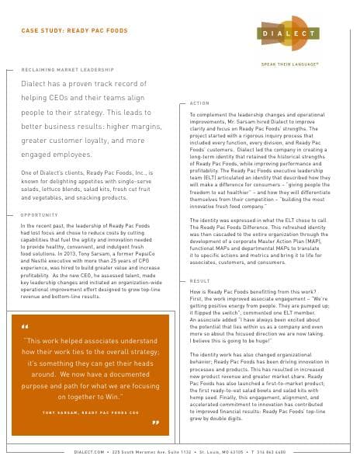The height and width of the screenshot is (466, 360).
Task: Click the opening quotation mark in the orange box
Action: click(x=25, y=328)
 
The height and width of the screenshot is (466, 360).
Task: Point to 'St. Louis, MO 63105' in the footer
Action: click(x=237, y=451)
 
